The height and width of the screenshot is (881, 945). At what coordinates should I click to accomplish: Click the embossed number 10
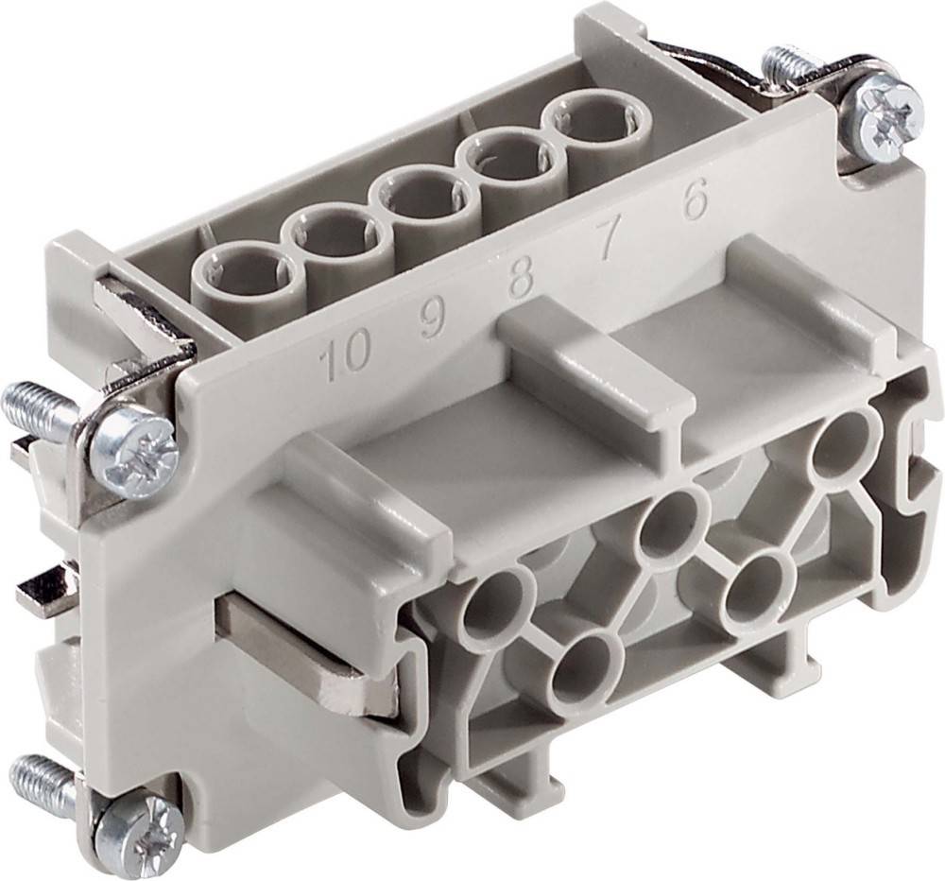[344, 360]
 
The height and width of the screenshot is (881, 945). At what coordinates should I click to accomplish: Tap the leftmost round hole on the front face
[492, 601]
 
